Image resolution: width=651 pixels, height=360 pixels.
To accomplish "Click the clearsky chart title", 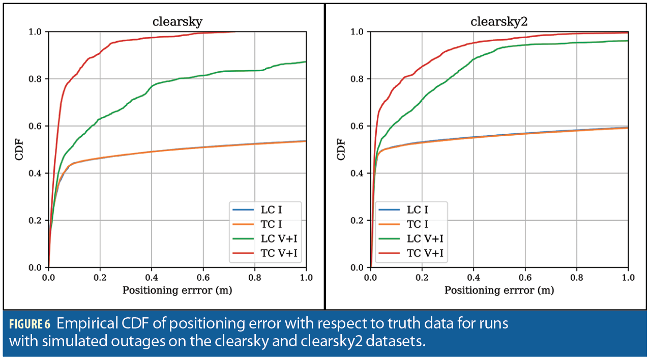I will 177,22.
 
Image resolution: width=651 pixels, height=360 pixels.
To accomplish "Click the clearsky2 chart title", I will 499,22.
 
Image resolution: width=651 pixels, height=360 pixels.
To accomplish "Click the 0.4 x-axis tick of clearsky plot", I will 152,278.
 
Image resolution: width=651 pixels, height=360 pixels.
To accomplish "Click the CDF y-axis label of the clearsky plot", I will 20,149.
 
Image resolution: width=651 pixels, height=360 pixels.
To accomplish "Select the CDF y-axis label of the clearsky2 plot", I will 342,149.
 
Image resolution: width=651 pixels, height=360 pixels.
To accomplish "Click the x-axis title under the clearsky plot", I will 177,290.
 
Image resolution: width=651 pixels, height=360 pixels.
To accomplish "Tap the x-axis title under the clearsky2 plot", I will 499,290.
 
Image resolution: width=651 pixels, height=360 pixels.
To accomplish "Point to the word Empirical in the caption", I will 85,324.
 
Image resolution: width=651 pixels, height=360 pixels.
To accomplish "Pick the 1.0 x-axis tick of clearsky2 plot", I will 628,278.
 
